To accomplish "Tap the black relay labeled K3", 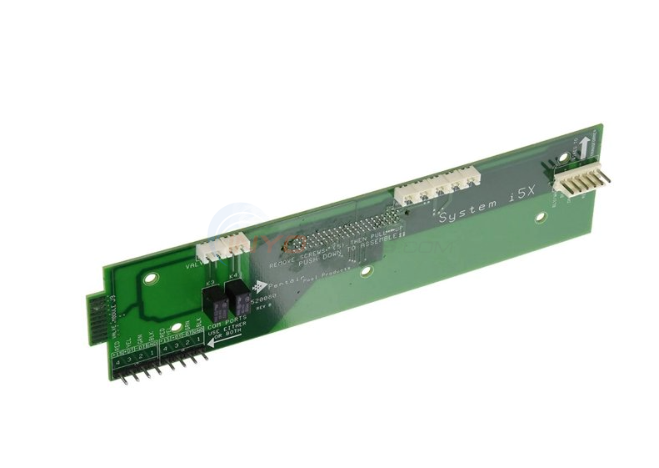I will [x=215, y=302].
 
